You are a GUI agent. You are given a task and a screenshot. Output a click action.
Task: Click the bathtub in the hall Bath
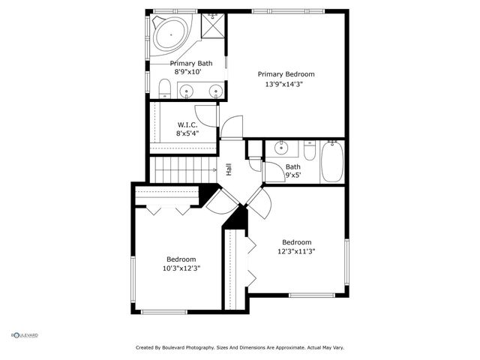331,163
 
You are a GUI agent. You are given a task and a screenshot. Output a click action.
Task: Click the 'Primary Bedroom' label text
286,74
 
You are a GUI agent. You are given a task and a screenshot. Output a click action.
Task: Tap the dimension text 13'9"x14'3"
286,85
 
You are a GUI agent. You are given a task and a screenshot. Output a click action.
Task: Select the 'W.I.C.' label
187,124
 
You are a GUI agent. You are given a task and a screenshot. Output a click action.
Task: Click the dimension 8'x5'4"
187,133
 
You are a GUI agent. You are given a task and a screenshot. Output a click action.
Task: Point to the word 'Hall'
228,169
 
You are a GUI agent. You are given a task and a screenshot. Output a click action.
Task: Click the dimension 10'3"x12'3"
181,268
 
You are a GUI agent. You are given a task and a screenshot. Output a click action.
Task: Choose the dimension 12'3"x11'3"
296,252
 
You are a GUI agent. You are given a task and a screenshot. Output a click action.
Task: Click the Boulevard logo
25,335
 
